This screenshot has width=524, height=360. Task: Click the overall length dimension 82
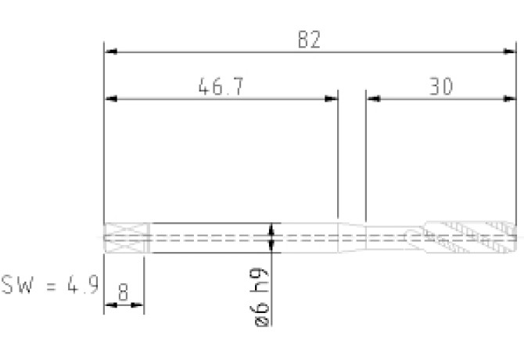309,39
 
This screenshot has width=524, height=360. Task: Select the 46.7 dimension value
221,87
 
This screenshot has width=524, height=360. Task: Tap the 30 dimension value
441,86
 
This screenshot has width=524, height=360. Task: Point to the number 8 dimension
123,292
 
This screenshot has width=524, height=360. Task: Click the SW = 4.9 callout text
50,285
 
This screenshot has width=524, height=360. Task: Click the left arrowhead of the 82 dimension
110,52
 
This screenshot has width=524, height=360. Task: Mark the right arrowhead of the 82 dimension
510,52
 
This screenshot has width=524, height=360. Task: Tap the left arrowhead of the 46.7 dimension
110,99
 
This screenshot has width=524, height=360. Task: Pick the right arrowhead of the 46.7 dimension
331,99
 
